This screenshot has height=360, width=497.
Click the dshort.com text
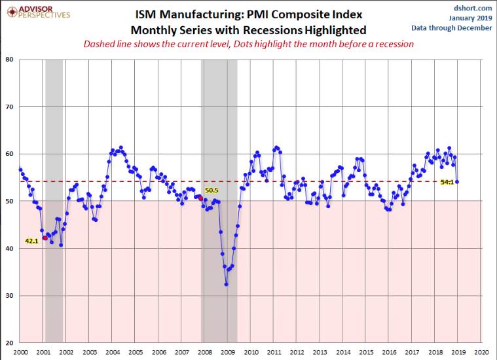tap(472, 7)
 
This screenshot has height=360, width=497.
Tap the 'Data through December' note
tap(452, 27)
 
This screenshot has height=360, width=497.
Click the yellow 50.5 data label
tap(212, 190)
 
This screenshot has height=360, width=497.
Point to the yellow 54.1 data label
tap(447, 182)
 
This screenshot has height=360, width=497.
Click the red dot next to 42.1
tap(44, 238)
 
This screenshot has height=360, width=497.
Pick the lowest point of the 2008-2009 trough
tap(227, 284)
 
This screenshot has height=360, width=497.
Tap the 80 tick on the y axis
tap(10, 60)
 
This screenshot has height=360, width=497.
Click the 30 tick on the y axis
tap(10, 296)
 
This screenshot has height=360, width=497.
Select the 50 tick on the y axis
tap(10, 201)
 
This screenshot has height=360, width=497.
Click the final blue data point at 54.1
tap(457, 182)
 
